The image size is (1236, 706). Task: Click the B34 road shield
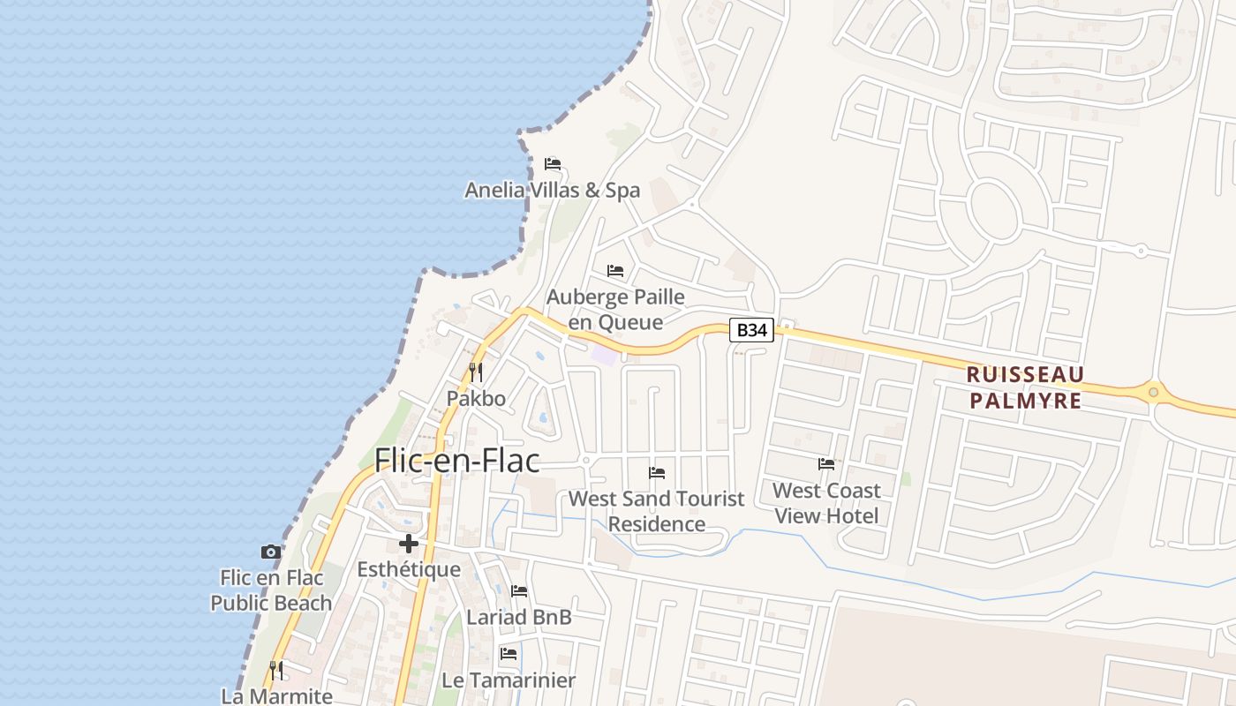pos(751,331)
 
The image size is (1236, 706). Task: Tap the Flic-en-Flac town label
pos(456,460)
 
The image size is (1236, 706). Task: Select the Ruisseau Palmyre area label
pos(1025,387)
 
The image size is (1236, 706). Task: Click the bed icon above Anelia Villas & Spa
pos(553,164)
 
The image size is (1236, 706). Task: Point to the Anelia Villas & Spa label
pos(553,190)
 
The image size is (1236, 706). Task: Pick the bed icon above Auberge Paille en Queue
pos(615,270)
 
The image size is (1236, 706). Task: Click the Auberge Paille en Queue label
pos(615,309)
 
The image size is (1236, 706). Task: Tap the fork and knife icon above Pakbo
pos(476,372)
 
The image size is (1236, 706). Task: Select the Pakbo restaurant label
pos(476,398)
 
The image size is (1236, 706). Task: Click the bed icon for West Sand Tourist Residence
pos(657,473)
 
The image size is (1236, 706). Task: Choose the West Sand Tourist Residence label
pos(657,511)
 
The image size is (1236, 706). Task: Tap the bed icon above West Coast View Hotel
pos(826,464)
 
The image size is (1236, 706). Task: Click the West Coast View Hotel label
pos(826,503)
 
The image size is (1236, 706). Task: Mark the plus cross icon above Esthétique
pos(408,544)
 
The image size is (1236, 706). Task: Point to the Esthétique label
pos(409,569)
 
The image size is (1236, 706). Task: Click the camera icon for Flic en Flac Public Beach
pos(271,552)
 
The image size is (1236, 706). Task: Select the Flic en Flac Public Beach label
pos(271,590)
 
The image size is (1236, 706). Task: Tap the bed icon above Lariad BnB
pos(519,591)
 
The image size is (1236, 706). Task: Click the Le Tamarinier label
pos(509,680)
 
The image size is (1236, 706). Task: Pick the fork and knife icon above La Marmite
pos(276,671)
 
